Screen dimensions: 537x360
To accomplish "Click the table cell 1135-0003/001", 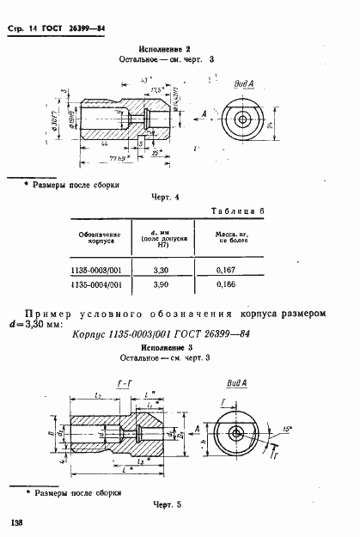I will tap(97, 270).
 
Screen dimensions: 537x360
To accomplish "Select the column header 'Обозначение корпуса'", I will tap(97, 236).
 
